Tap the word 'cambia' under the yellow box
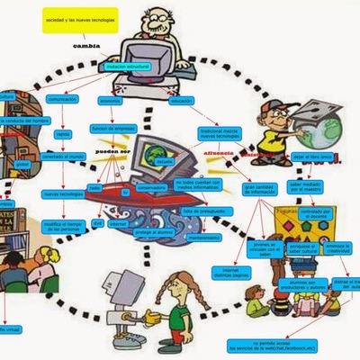point(85,43)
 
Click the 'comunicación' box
point(62,100)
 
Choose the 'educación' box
point(181,100)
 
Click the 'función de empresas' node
point(113,129)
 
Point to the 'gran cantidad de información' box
point(264,189)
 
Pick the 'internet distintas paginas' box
point(231,272)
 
